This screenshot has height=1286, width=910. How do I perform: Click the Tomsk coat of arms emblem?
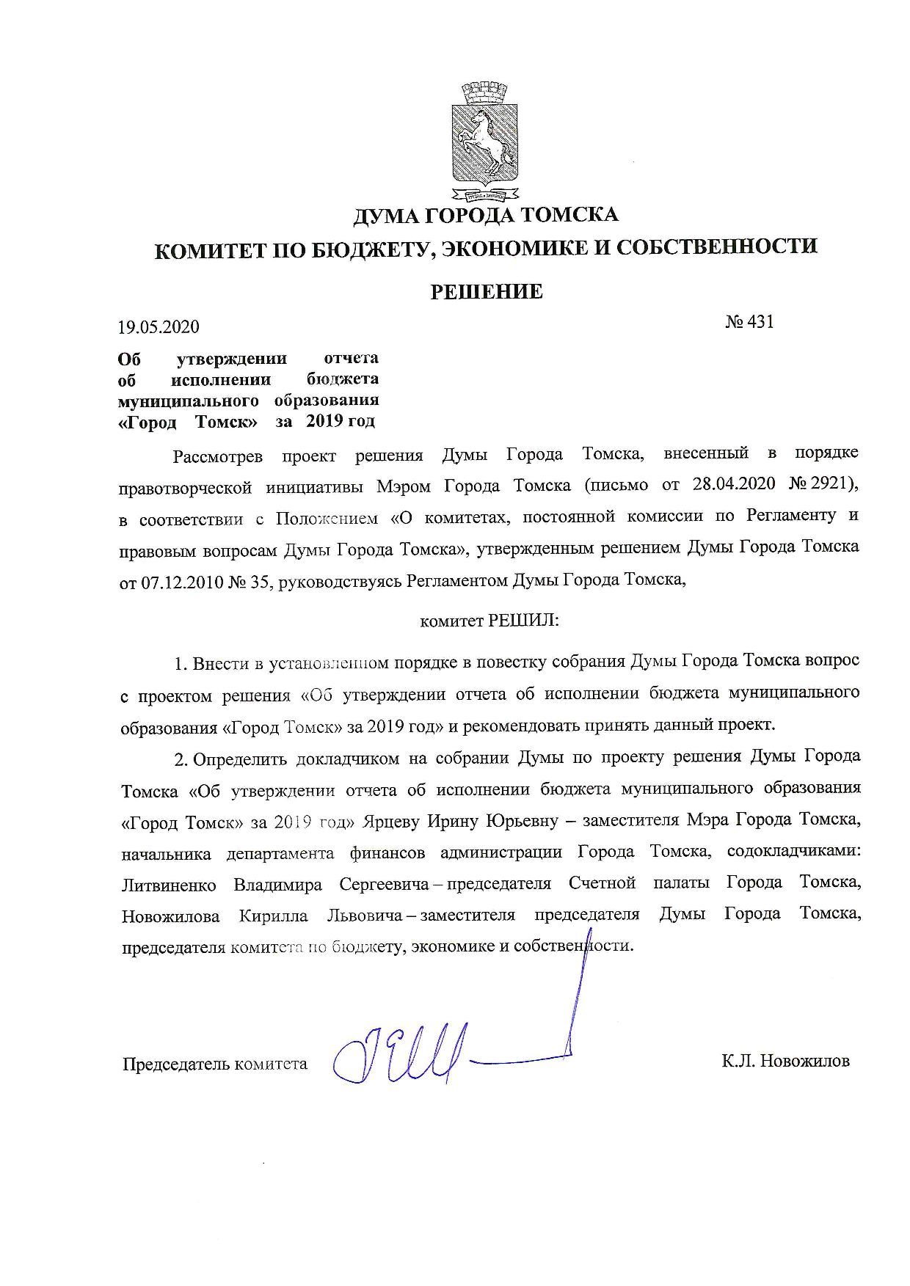(x=484, y=142)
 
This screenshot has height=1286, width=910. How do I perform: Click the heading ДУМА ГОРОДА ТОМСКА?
(x=485, y=215)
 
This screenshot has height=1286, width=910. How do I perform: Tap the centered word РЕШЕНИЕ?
(x=486, y=292)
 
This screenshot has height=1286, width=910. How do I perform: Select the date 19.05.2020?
(x=159, y=326)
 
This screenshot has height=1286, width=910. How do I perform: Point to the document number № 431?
(x=749, y=322)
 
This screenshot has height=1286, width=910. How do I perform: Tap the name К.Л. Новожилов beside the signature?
(x=785, y=1061)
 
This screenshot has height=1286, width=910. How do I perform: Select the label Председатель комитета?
(x=214, y=1064)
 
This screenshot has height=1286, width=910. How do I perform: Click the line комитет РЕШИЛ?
(x=489, y=621)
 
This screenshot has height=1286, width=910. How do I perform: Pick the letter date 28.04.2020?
(x=734, y=485)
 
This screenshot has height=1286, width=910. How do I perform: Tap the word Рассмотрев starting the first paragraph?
(x=217, y=456)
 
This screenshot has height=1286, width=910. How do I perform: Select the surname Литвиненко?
(x=169, y=885)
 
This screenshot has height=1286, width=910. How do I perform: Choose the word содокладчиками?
(x=793, y=852)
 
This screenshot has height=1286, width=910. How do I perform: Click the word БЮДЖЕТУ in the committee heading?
(x=364, y=249)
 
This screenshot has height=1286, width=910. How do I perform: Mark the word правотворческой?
(x=186, y=488)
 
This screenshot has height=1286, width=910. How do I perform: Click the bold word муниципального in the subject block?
(x=189, y=401)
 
